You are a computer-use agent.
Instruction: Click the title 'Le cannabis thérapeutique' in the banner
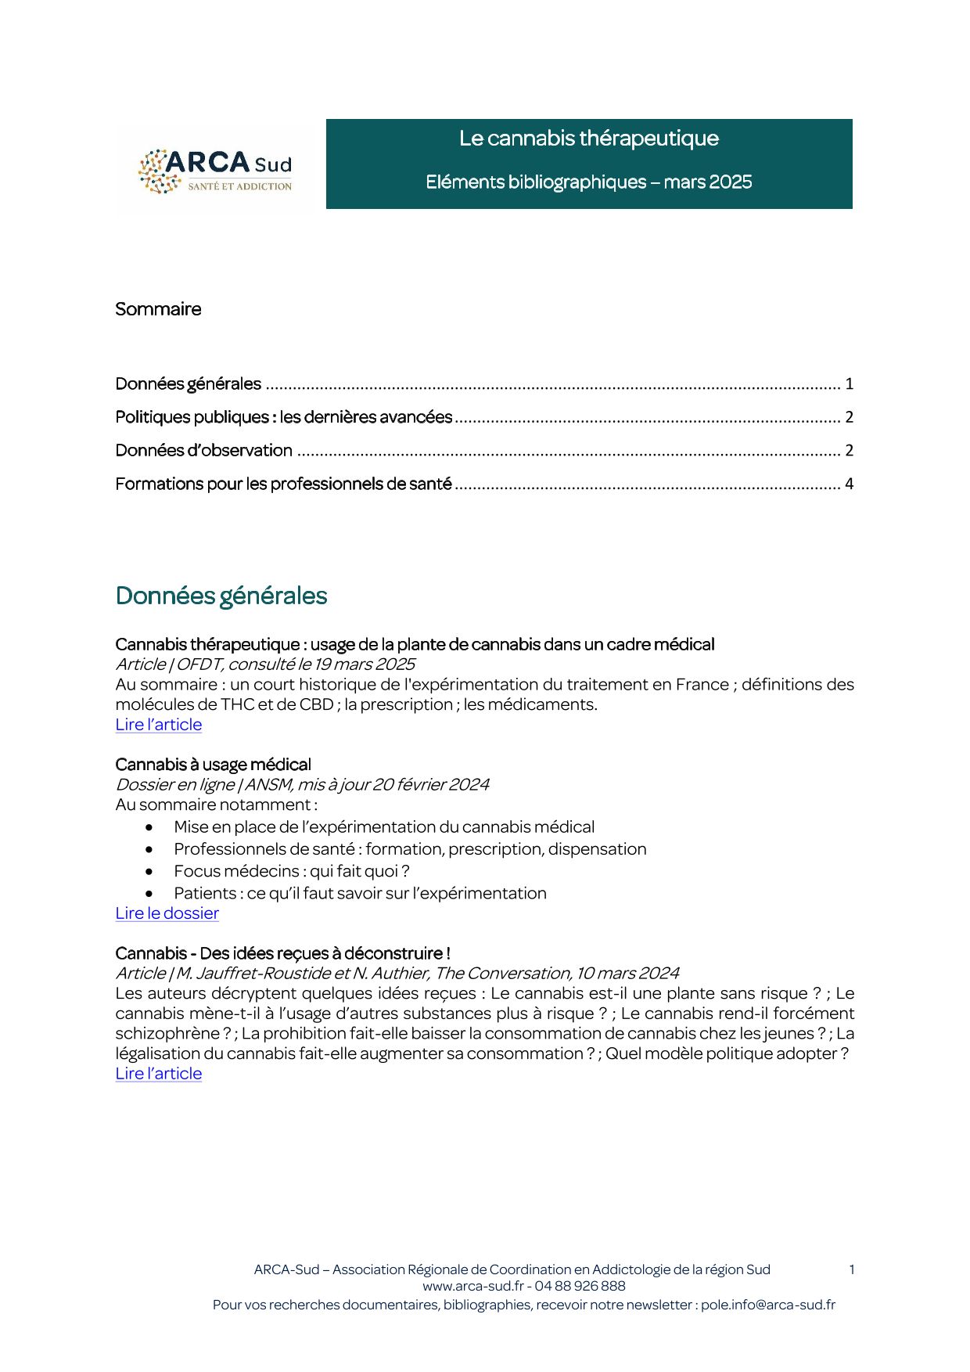pos(588,139)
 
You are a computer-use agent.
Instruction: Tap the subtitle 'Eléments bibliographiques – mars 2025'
pos(588,182)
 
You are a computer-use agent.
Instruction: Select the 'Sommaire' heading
pos(158,309)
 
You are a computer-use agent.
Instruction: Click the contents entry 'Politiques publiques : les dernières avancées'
pos(284,417)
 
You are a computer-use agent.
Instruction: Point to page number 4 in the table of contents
pos(849,484)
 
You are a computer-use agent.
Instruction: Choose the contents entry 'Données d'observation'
pos(203,451)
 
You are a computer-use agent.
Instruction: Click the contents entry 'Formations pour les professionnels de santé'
pos(283,484)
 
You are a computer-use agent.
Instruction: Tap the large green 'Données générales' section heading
pos(221,596)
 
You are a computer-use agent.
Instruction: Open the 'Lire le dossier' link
pos(167,913)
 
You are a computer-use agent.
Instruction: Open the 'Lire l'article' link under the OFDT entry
pos(158,725)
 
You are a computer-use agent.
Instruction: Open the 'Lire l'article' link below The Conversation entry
pos(158,1074)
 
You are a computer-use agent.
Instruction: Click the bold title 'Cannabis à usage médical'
pos(213,765)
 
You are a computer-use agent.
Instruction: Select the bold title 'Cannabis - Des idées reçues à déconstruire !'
pos(282,953)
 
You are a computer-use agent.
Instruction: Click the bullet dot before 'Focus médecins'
pos(149,871)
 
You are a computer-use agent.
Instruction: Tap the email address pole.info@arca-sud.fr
pos(767,1305)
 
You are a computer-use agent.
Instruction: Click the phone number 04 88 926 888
pos(580,1286)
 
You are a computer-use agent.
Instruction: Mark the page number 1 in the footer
pos(851,1269)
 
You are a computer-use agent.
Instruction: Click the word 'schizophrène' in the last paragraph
pos(167,1034)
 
